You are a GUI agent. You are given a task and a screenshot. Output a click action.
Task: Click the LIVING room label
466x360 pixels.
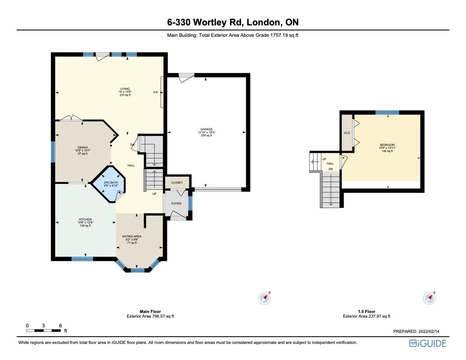(125, 89)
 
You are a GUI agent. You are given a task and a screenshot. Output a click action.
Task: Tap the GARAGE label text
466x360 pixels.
(206, 130)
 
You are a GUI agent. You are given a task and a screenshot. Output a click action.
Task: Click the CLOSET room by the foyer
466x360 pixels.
(177, 183)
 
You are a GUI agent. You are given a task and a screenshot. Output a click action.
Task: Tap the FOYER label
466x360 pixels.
(176, 203)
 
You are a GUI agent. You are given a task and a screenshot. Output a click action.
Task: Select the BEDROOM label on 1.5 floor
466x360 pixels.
(387, 145)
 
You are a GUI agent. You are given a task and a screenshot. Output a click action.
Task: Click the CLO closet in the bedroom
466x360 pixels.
(347, 133)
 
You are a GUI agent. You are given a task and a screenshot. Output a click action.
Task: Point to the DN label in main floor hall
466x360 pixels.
(132, 145)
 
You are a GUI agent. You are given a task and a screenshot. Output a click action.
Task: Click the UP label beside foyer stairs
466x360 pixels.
(155, 194)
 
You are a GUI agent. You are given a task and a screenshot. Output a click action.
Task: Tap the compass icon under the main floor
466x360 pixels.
(265, 298)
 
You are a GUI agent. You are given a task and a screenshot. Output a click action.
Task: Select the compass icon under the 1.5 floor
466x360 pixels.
(430, 298)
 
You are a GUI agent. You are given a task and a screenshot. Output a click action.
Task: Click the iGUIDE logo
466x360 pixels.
(427, 343)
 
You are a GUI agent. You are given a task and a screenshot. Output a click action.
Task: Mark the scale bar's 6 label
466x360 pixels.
(61, 326)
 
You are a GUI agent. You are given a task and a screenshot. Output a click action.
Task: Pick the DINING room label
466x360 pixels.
(83, 148)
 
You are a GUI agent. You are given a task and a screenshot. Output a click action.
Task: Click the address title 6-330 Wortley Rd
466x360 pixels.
(233, 22)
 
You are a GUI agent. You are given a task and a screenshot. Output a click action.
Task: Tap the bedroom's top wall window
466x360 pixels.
(387, 112)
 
